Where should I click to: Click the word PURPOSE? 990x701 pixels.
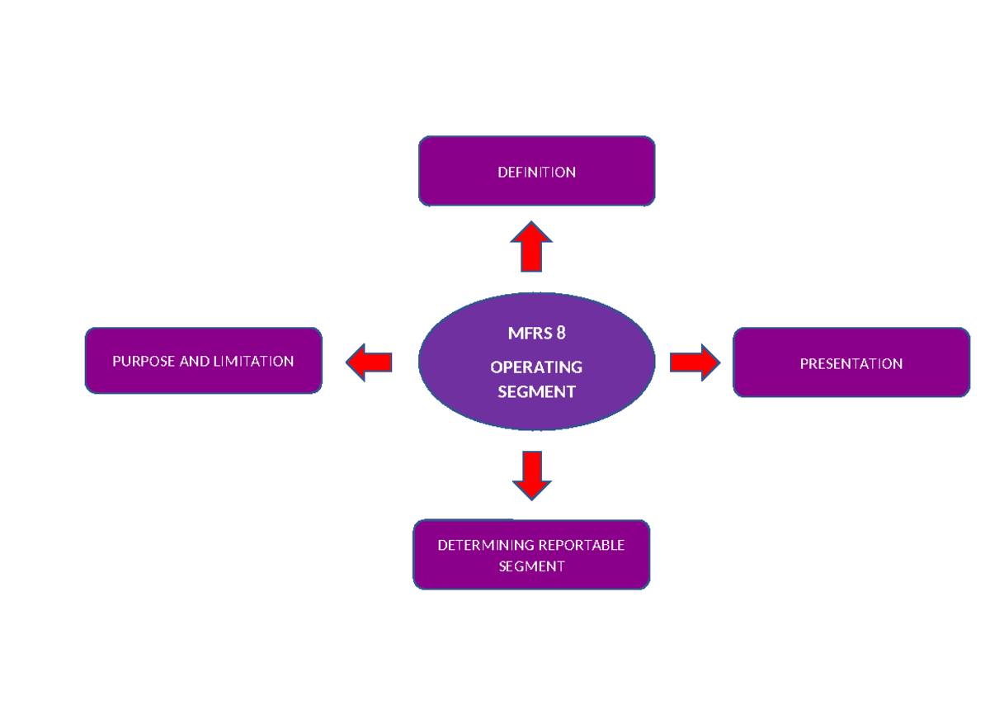click(x=144, y=362)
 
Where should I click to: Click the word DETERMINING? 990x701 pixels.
click(x=486, y=545)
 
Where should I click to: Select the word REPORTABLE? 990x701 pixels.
click(x=581, y=545)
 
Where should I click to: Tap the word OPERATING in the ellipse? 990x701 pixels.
click(x=536, y=367)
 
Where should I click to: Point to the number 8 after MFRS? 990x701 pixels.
click(x=561, y=334)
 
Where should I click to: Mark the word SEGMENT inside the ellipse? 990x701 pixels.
click(x=536, y=392)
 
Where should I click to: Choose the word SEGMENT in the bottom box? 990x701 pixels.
click(x=531, y=566)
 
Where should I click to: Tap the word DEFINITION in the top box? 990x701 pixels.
click(x=536, y=173)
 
